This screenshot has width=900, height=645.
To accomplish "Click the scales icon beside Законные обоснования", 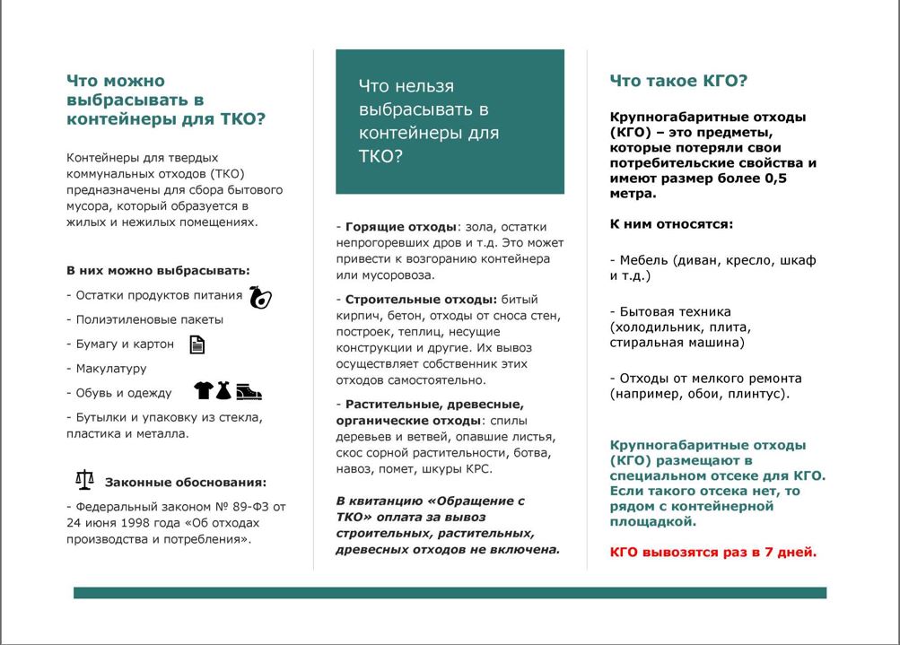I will click(x=84, y=480).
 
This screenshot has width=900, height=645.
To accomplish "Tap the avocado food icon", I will click(x=260, y=297).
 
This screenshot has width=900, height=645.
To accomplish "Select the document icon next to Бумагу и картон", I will click(x=197, y=344).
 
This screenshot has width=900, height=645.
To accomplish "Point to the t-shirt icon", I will click(x=204, y=391).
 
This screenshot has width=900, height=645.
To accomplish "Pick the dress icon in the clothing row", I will click(x=223, y=391).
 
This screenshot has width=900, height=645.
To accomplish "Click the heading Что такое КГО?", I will click(x=678, y=81).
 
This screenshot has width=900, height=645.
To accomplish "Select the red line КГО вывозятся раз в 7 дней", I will click(x=713, y=552).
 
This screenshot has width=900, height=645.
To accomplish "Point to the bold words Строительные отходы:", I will click(x=421, y=299).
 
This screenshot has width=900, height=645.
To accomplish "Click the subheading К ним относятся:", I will click(x=671, y=224).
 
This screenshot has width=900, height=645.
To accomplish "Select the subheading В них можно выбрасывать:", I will click(x=158, y=270).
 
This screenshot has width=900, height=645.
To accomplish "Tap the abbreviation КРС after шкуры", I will click(x=477, y=468).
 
